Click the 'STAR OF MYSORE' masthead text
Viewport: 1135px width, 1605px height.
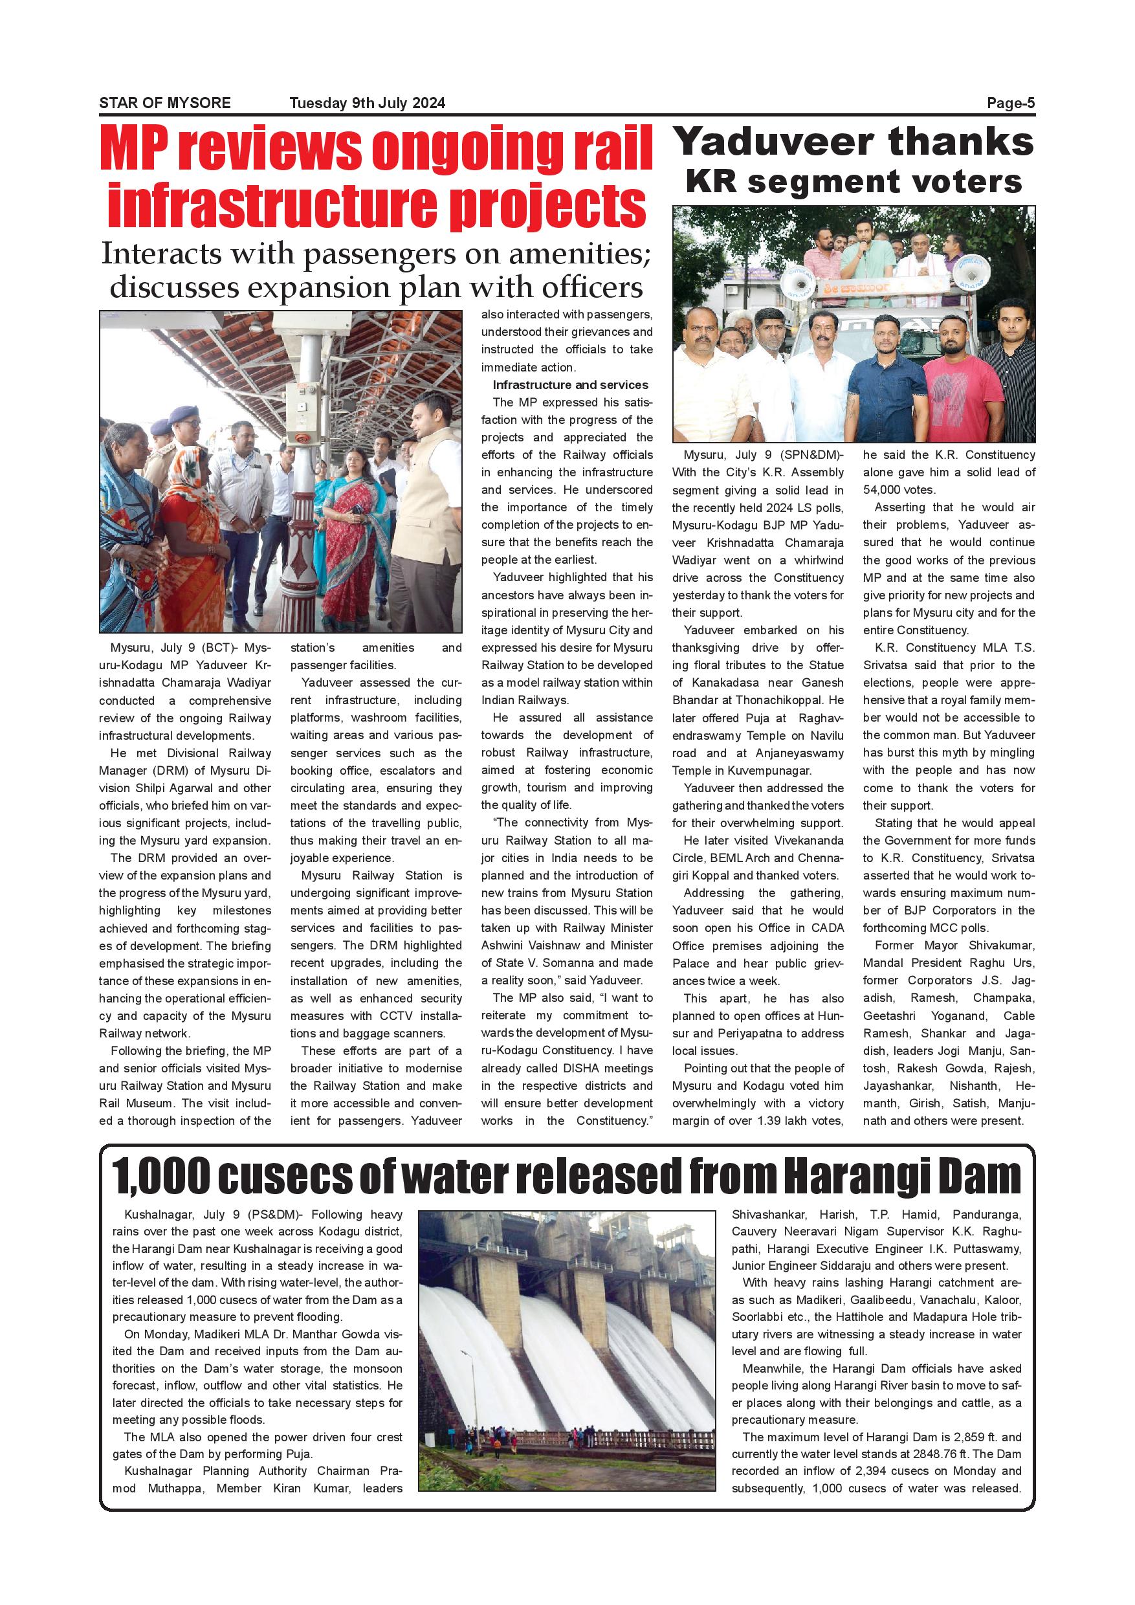(164, 103)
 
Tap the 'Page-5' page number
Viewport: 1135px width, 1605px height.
(1010, 104)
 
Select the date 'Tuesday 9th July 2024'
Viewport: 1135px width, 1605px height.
(367, 104)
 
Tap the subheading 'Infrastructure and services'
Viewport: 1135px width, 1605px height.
(570, 384)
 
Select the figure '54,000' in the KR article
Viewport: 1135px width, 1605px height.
(884, 489)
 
